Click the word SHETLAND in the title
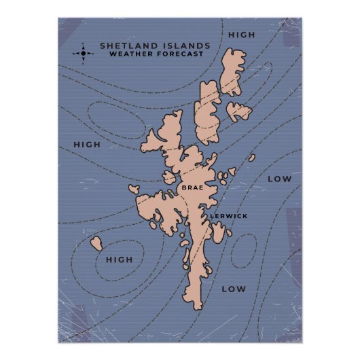(127, 46)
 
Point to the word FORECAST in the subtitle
(178, 54)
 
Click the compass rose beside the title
(83, 52)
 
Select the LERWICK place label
(228, 216)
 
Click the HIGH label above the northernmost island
(241, 35)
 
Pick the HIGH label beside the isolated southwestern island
(119, 259)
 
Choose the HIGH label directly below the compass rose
(86, 145)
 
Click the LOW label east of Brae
(278, 179)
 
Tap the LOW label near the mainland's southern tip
(233, 289)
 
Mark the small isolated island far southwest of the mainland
(96, 242)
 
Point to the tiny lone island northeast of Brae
(251, 158)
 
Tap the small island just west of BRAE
(169, 177)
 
